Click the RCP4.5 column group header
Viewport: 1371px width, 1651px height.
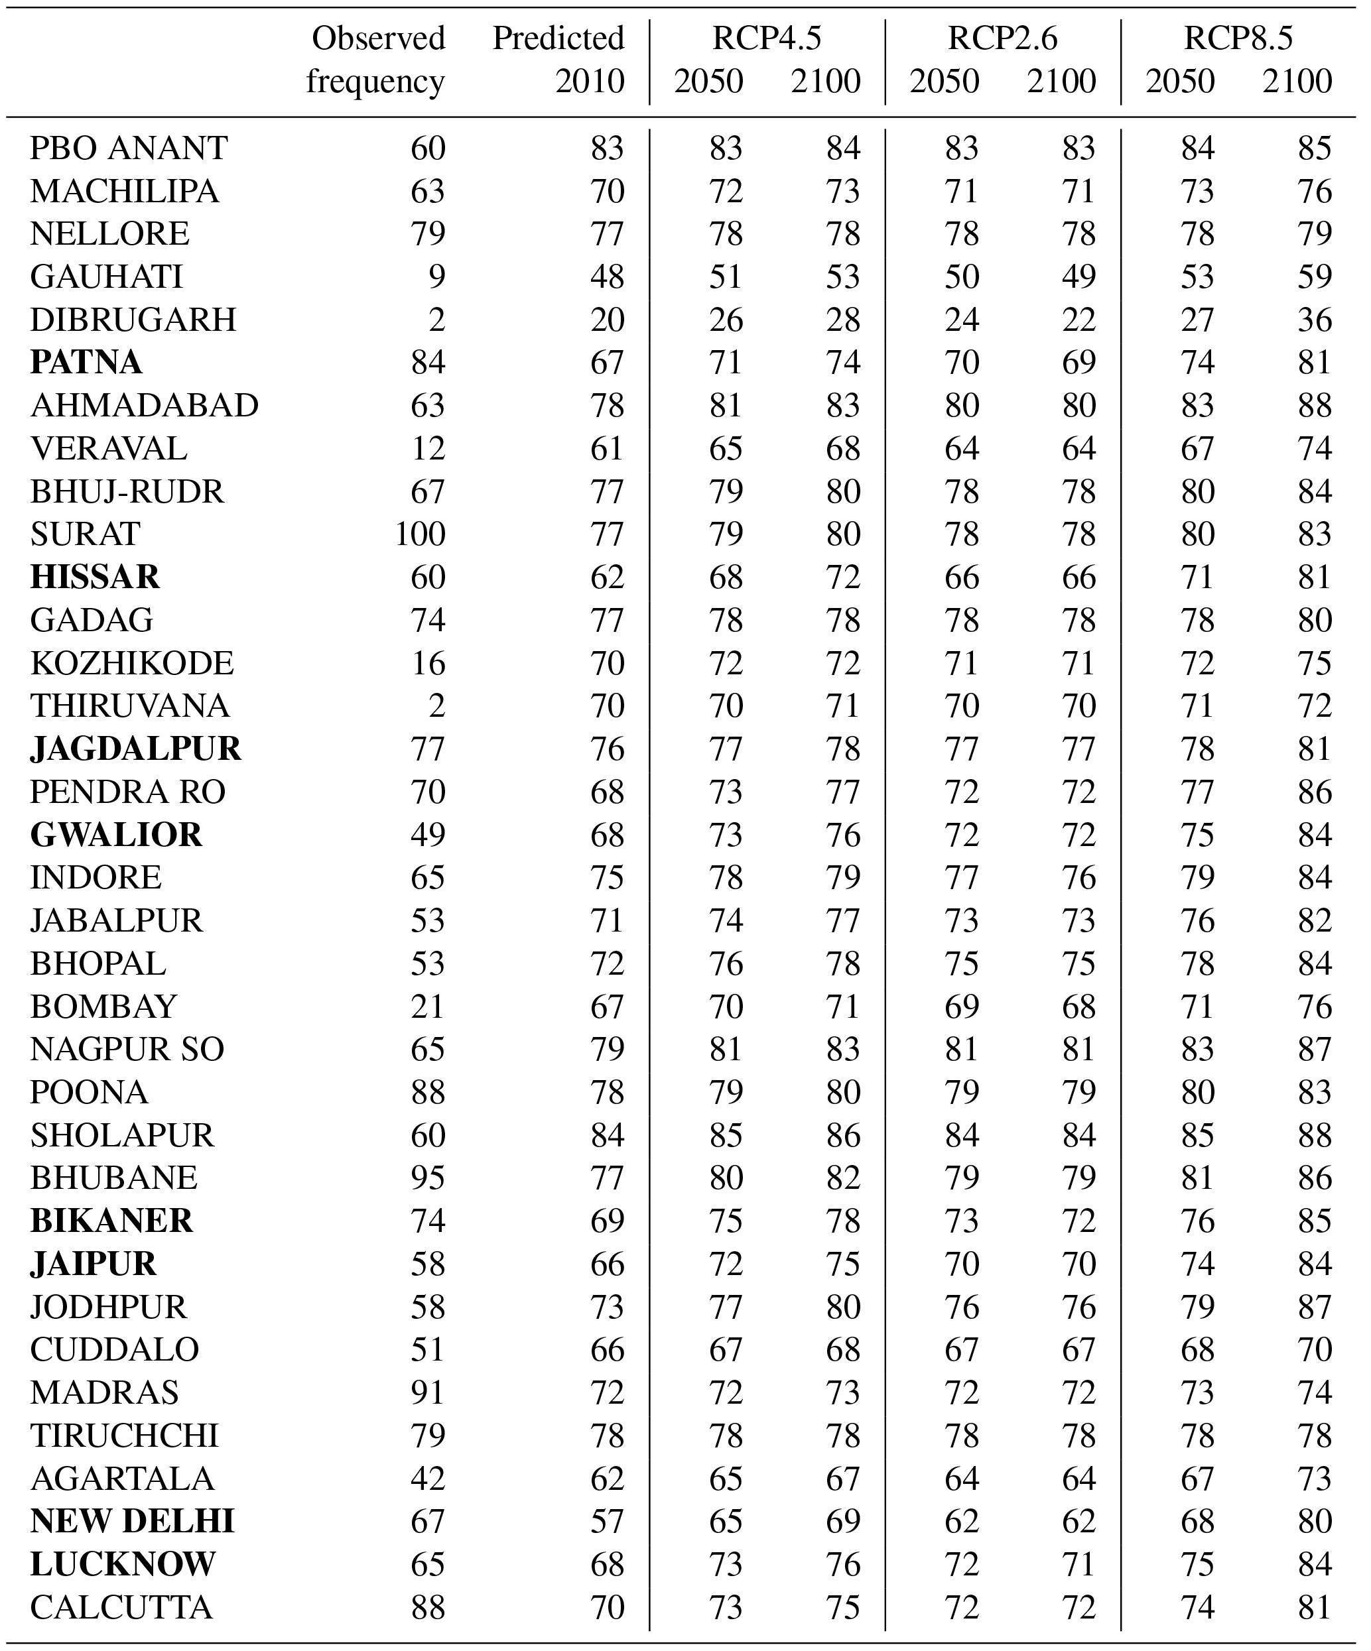767,38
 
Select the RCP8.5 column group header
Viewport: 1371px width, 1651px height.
1238,38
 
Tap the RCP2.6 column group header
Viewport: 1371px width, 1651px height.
1003,38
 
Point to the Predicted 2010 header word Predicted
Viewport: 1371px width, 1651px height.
558,38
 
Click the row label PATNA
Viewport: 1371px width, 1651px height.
86,363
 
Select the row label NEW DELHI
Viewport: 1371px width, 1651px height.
132,1521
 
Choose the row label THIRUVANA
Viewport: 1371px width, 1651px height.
130,705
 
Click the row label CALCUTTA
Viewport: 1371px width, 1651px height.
121,1607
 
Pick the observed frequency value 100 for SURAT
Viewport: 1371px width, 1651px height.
420,534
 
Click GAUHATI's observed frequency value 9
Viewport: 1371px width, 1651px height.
436,276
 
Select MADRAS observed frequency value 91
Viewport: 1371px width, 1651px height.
428,1392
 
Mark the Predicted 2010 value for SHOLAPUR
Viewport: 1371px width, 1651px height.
608,1134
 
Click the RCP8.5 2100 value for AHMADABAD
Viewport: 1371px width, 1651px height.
1315,406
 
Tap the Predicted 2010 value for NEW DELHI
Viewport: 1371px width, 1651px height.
608,1521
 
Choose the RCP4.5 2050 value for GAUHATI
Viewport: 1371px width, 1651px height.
725,276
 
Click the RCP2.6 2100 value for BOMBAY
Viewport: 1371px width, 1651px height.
1078,1007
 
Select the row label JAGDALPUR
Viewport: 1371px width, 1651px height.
135,749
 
